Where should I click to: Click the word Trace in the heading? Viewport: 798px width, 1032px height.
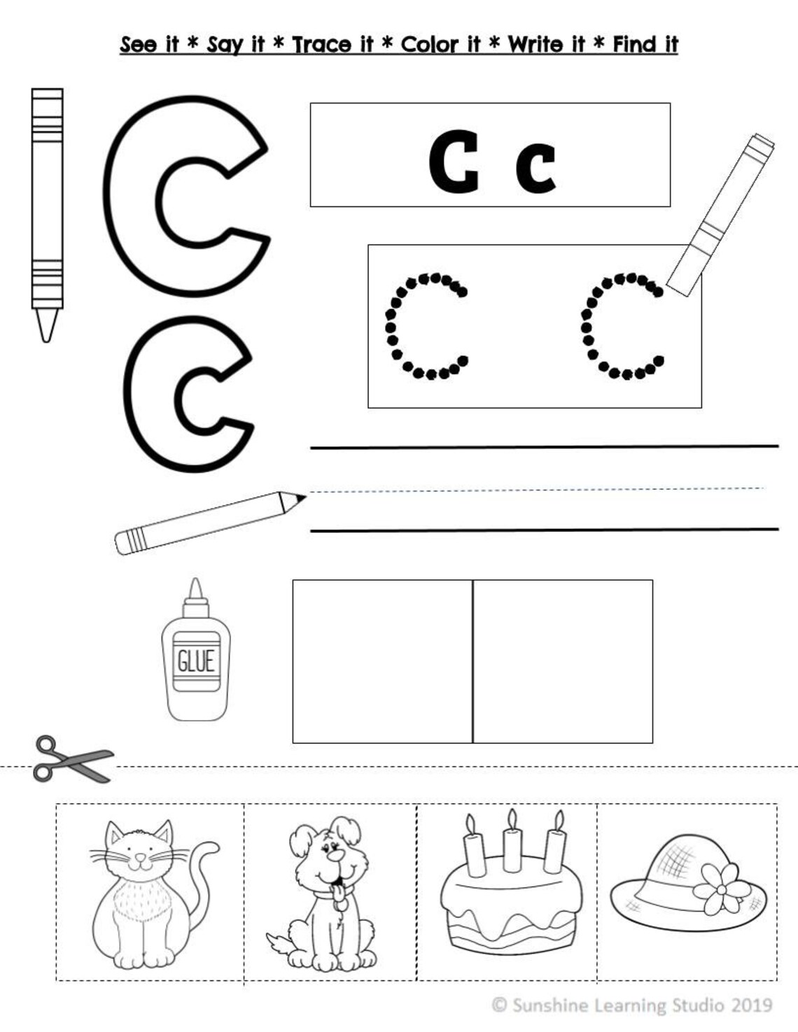[x=323, y=45]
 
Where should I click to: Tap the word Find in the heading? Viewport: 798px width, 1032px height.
[x=636, y=45]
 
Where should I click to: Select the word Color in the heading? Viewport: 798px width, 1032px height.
[x=430, y=45]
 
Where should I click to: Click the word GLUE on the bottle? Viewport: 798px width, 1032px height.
[x=195, y=660]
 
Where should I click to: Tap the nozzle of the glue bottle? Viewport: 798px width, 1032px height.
[x=195, y=592]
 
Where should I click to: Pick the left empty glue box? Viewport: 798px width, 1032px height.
[x=382, y=661]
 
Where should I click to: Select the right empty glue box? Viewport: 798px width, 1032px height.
[x=563, y=661]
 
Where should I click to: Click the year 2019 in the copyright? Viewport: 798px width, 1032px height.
[x=752, y=1005]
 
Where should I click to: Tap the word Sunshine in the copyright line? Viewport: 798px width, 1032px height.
[x=551, y=1005]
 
